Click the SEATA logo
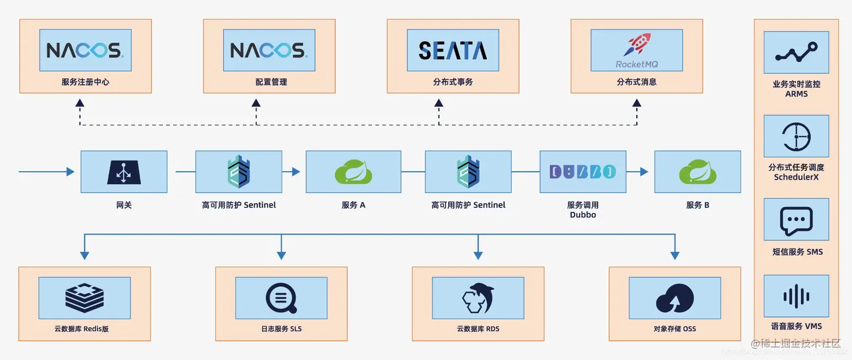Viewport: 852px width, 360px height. tap(452, 51)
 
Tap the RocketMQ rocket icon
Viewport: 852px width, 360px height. tap(636, 45)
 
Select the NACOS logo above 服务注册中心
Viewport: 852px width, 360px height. tap(85, 51)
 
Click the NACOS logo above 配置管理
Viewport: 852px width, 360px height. tap(269, 51)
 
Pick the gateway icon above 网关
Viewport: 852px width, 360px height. tap(123, 172)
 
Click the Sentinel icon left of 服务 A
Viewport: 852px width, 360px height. tap(238, 172)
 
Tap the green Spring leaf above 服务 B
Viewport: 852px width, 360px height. tap(697, 172)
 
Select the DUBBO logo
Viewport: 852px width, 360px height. tap(582, 172)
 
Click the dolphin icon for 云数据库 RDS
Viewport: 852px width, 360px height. tap(478, 297)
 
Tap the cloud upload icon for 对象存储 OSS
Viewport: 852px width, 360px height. tap(674, 297)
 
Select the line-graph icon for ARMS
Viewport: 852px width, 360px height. tap(796, 52)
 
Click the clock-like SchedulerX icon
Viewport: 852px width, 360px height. tap(796, 136)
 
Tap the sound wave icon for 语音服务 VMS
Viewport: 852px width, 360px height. tap(796, 296)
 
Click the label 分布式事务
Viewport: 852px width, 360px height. tap(452, 82)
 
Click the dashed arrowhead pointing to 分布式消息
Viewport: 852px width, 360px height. tap(637, 103)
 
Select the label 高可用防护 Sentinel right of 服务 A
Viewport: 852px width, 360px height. tap(468, 205)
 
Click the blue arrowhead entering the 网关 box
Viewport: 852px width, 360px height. tap(70, 172)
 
